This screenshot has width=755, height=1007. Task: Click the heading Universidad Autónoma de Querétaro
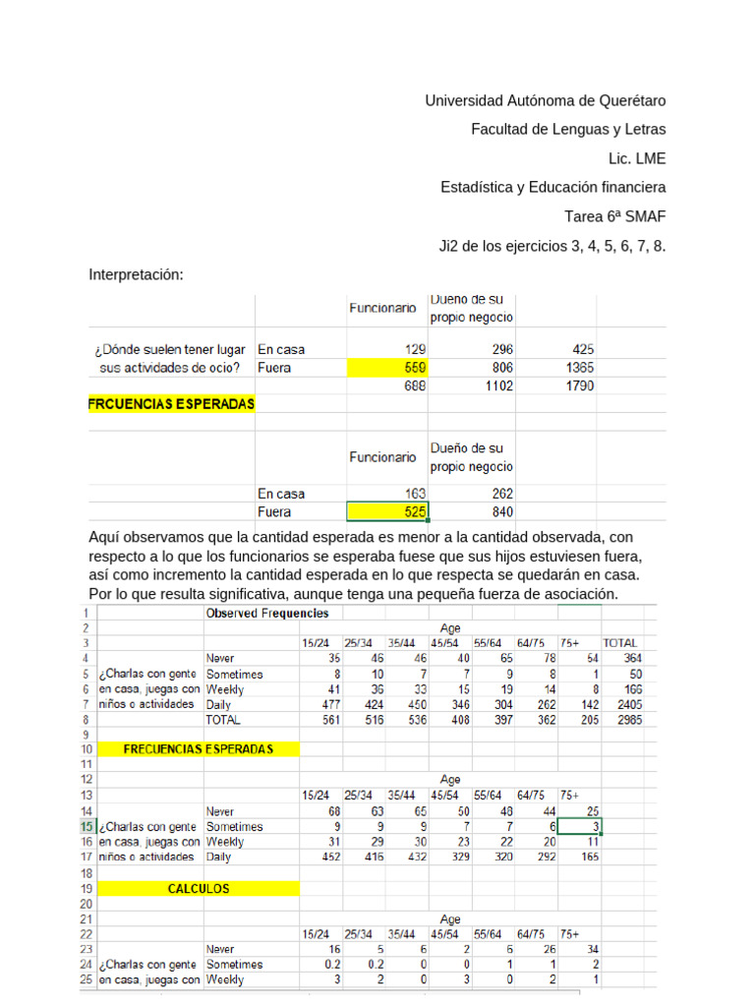point(545,100)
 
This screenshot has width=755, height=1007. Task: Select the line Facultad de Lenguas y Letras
point(568,129)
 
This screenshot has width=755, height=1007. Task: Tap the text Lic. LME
point(637,158)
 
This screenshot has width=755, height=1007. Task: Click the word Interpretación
point(137,274)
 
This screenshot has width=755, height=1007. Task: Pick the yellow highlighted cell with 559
point(387,367)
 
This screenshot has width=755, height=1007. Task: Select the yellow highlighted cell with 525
point(387,512)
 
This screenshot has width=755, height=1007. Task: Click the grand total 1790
point(579,385)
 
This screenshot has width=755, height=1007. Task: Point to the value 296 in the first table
point(499,348)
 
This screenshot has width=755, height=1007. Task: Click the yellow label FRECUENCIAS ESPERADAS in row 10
point(199,748)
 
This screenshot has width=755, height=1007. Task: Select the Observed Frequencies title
point(267,613)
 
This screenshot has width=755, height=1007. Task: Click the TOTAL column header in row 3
point(619,642)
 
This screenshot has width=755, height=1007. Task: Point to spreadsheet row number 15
point(87,826)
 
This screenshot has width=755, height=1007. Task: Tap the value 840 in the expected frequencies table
point(499,512)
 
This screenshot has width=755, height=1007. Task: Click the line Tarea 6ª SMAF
point(614,216)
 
